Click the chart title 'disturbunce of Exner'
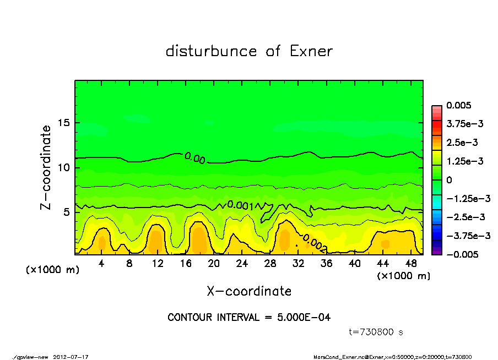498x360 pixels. [249, 51]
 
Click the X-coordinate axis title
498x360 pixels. [249, 291]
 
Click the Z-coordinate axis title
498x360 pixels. [46, 167]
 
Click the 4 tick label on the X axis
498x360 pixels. [101, 263]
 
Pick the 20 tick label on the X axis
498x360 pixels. [214, 263]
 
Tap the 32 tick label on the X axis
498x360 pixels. [298, 263]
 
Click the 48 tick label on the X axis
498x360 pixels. [410, 263]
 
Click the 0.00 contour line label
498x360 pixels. [195, 159]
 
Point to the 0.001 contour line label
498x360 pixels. [240, 205]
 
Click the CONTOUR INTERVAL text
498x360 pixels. [249, 318]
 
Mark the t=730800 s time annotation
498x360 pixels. [377, 332]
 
